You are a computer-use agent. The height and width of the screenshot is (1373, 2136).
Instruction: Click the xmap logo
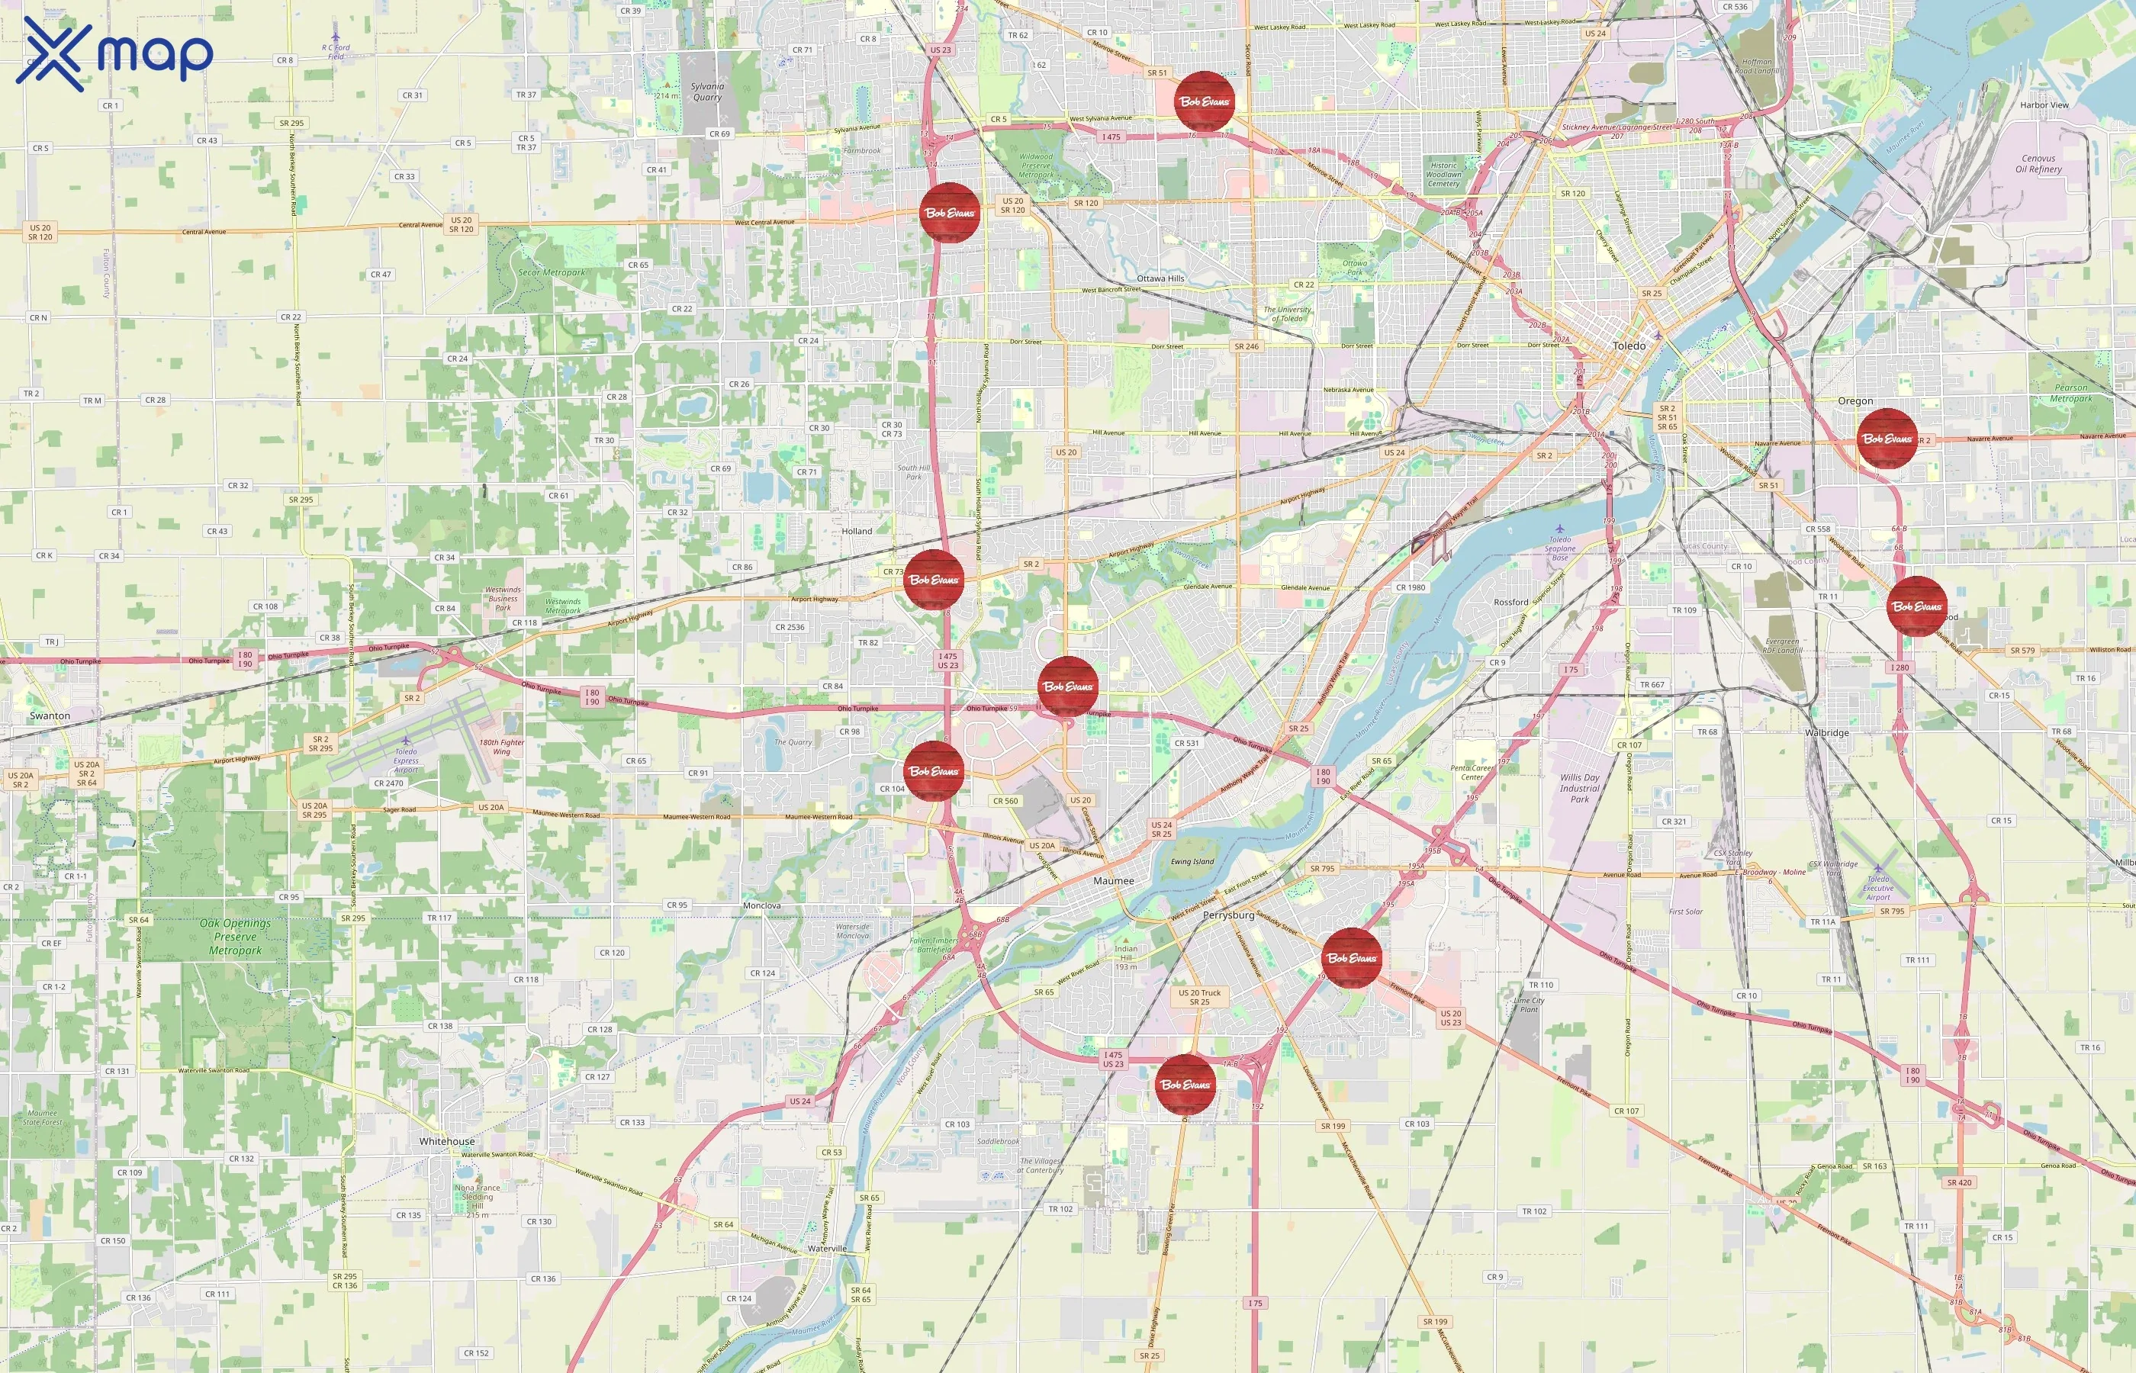click(114, 53)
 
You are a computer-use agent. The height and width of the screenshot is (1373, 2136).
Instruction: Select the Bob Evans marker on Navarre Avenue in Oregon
click(1887, 439)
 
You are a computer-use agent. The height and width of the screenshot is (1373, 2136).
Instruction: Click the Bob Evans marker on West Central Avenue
click(950, 213)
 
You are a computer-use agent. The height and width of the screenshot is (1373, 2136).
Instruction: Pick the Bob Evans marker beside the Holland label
click(934, 580)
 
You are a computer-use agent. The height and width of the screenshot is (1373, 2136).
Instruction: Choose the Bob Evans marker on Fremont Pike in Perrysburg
click(1352, 958)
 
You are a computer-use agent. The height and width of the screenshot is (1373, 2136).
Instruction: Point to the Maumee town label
click(1114, 881)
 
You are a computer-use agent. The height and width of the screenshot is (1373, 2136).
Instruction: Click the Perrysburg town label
click(1227, 915)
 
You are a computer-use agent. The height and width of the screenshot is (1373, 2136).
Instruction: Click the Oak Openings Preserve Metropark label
click(236, 937)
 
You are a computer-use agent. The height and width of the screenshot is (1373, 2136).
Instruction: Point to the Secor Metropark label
click(552, 273)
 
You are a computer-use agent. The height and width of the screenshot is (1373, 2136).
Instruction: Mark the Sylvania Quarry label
click(707, 92)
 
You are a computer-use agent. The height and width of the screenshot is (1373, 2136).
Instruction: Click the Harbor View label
click(2044, 105)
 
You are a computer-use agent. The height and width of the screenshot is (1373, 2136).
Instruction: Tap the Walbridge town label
click(1826, 733)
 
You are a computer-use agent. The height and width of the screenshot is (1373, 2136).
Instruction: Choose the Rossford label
click(1510, 602)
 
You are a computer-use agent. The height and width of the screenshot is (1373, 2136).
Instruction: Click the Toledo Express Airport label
click(406, 760)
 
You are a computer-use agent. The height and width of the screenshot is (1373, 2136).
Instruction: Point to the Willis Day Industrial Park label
click(1580, 788)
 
